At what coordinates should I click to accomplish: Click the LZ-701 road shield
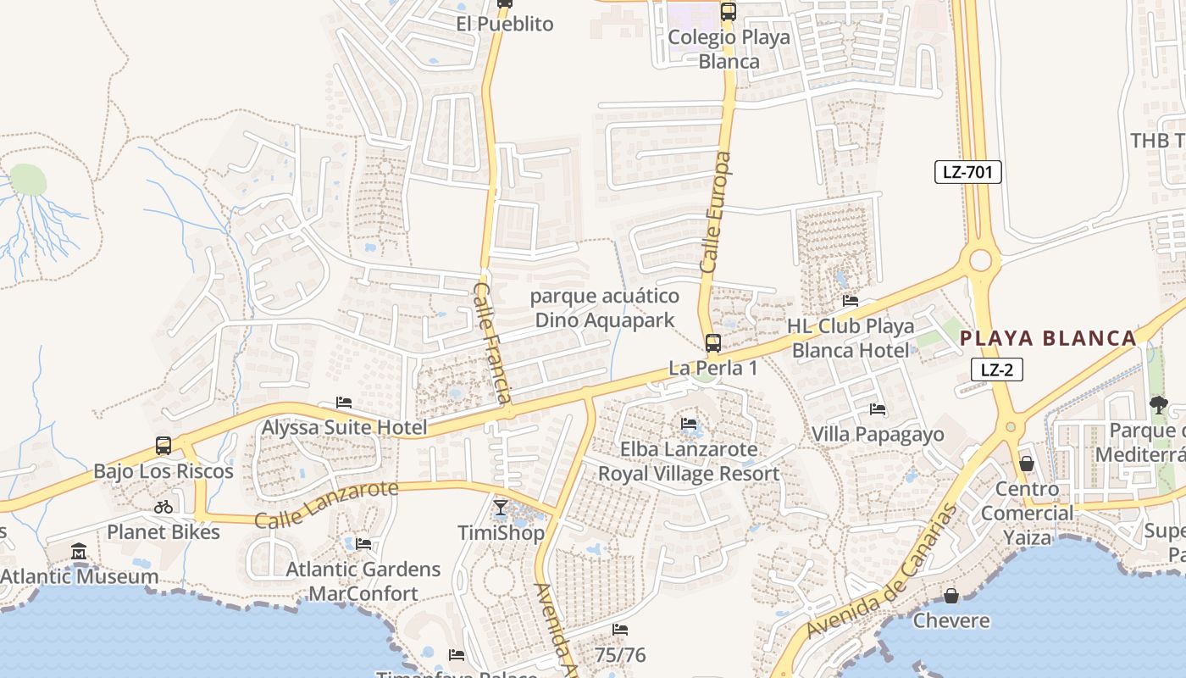click(968, 172)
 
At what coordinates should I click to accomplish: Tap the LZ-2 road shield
click(997, 370)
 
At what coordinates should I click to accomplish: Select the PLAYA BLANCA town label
click(1047, 338)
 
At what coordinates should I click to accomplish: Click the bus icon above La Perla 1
click(713, 343)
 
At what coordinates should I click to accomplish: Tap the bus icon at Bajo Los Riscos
click(163, 446)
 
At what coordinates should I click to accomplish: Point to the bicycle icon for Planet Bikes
click(163, 507)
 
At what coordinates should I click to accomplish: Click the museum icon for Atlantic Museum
click(80, 552)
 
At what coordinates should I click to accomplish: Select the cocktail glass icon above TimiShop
click(501, 508)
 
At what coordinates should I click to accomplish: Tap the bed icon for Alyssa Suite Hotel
click(344, 403)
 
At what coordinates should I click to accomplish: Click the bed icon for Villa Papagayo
click(878, 409)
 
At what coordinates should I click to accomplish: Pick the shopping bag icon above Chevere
click(951, 595)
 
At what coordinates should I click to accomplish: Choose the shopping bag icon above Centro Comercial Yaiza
click(1027, 464)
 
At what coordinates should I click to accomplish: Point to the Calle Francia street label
click(492, 342)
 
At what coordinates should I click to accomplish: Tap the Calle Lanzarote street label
click(326, 504)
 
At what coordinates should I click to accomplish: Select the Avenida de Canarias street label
click(882, 572)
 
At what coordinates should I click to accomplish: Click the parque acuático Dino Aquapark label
click(605, 308)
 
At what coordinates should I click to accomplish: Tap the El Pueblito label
click(504, 24)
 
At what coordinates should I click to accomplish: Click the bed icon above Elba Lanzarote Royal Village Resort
click(689, 423)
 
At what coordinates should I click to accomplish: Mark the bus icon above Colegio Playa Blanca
click(729, 12)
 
